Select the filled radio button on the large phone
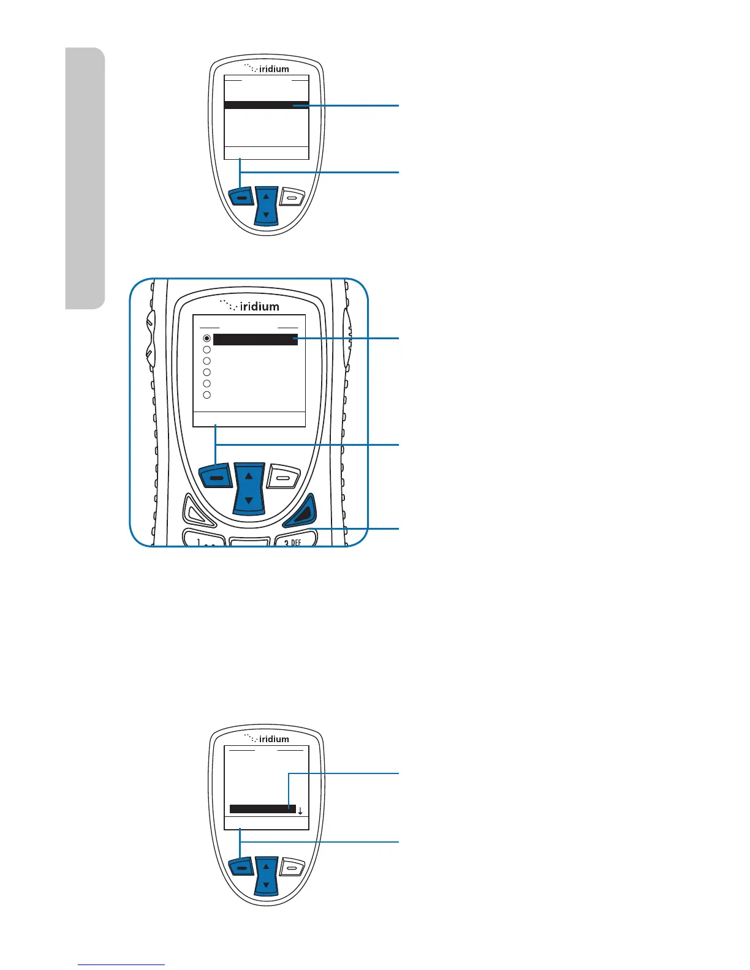pos(207,339)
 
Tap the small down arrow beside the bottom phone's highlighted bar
pos(300,811)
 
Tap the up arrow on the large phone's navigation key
pos(249,475)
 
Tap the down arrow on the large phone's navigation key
pos(249,500)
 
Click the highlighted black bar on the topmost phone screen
pos(266,105)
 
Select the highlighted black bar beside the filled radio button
pos(256,339)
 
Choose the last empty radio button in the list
pos(207,395)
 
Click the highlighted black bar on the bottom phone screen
pos(262,809)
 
